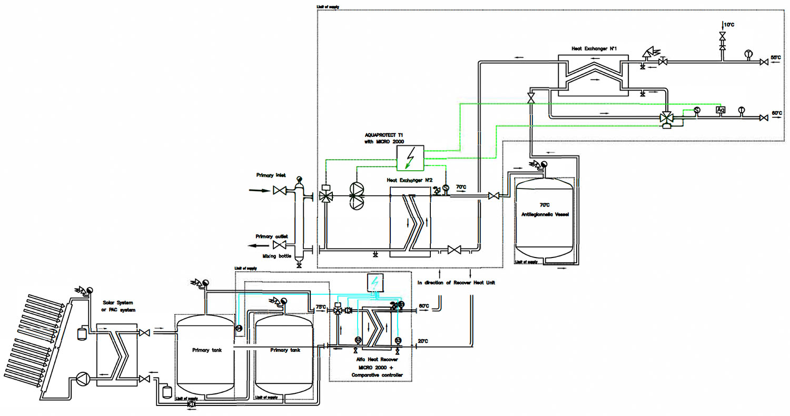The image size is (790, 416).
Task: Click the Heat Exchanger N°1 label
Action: tap(594, 48)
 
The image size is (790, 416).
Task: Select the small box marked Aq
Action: tap(720, 110)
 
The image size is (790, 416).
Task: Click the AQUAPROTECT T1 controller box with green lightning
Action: tap(410, 158)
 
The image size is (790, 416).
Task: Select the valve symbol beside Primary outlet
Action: tap(280, 246)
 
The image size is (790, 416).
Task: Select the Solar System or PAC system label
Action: tap(117, 305)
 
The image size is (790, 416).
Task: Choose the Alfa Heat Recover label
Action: tap(370, 359)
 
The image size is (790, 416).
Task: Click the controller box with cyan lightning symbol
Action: tap(375, 283)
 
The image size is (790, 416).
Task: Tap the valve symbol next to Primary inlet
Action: tap(280, 191)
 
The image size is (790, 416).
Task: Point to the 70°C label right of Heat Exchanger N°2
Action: tap(461, 186)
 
